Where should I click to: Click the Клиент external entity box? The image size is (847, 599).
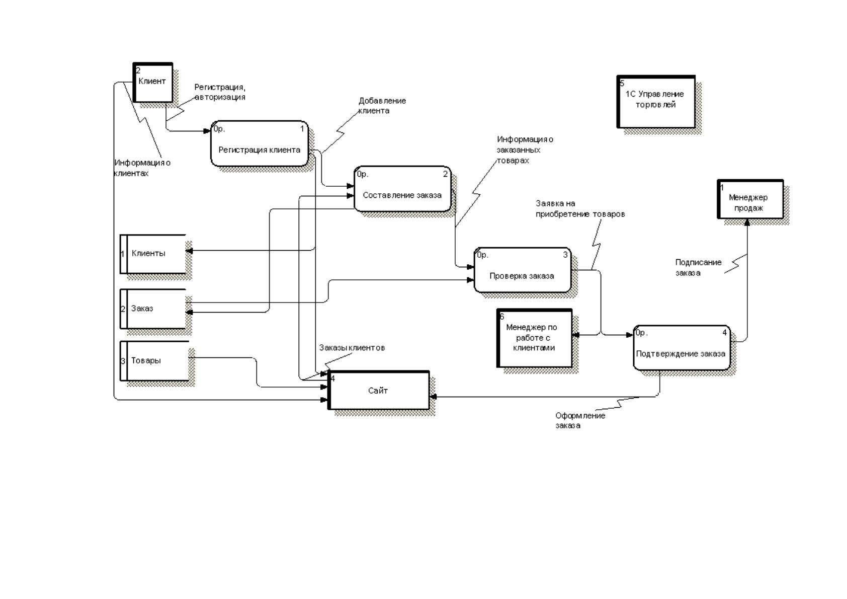pyautogui.click(x=153, y=83)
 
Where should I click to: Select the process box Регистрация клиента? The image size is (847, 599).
pyautogui.click(x=260, y=144)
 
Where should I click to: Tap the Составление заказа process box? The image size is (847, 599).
pyautogui.click(x=402, y=189)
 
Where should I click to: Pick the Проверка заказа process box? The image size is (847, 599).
pyautogui.click(x=522, y=270)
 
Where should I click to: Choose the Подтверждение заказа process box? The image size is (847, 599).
pyautogui.click(x=682, y=348)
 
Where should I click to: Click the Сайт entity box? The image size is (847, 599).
pyautogui.click(x=379, y=390)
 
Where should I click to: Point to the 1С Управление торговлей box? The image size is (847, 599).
pyautogui.click(x=656, y=101)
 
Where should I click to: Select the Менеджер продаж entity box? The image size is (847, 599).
pyautogui.click(x=750, y=199)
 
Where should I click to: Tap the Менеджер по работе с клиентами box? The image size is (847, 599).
pyautogui.click(x=534, y=338)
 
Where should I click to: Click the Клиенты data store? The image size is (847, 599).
pyautogui.click(x=153, y=254)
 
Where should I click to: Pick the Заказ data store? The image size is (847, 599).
pyautogui.click(x=153, y=309)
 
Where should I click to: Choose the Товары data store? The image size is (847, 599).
pyautogui.click(x=154, y=361)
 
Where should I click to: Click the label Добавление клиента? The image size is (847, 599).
pyautogui.click(x=382, y=106)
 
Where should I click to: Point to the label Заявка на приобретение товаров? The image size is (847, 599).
pyautogui.click(x=580, y=209)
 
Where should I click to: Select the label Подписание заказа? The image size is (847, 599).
pyautogui.click(x=698, y=267)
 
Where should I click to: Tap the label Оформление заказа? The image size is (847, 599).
pyautogui.click(x=580, y=420)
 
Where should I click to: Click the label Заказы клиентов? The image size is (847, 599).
pyautogui.click(x=352, y=348)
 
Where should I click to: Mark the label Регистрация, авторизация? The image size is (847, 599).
pyautogui.click(x=220, y=92)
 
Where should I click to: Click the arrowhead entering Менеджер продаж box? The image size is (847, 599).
pyautogui.click(x=747, y=222)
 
